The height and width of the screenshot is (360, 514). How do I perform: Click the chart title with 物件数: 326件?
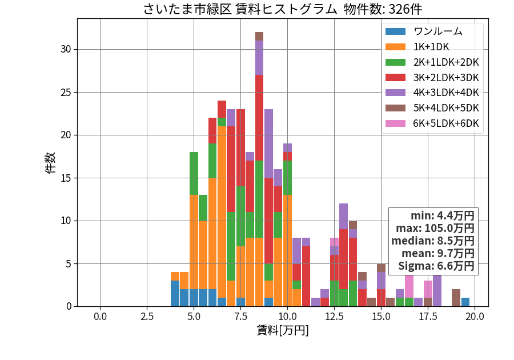coord(283,9)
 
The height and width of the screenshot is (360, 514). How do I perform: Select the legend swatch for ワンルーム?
coord(395,31)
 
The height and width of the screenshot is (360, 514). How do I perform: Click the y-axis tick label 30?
coord(66,49)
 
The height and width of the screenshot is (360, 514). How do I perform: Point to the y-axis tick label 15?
coord(66,178)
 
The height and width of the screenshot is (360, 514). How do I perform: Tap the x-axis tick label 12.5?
coord(334,317)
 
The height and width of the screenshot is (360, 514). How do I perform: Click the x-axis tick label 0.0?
coord(100,317)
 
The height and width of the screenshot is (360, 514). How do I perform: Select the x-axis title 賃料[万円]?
coord(283,330)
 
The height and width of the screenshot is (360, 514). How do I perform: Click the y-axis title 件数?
coord(50,163)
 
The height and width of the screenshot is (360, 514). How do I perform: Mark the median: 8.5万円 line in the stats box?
coord(433,241)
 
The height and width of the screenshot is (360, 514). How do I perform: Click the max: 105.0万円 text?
coord(435,228)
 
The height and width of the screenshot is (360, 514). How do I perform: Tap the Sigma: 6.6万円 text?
coord(436,266)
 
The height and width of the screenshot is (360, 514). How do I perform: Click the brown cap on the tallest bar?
coord(259,37)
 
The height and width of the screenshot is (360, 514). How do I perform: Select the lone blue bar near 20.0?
coord(465,302)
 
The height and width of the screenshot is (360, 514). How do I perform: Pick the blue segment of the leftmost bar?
coord(175,294)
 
